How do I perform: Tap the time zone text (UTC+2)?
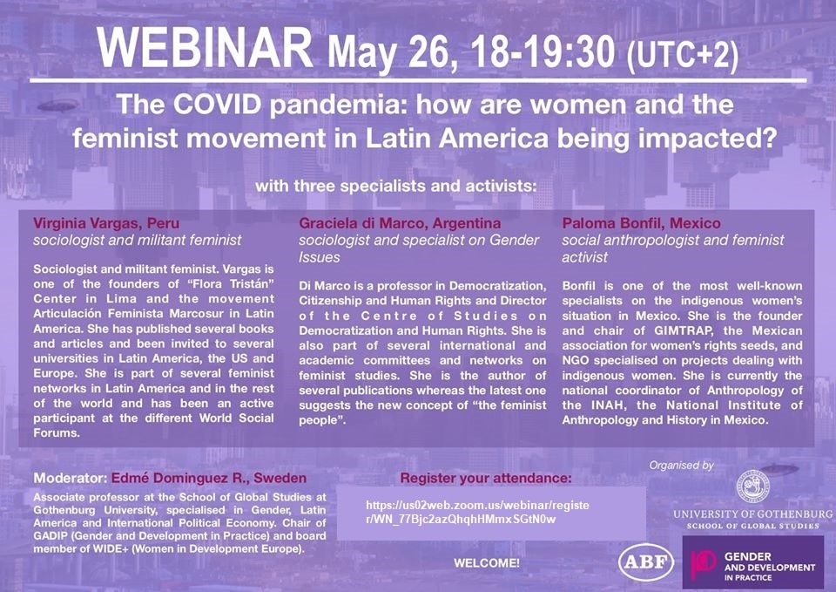[683, 54]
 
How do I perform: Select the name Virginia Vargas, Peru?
[106, 223]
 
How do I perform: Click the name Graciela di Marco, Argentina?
[400, 223]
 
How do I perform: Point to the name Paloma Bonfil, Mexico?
[641, 223]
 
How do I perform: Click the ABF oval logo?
[645, 561]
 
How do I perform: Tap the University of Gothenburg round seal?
[752, 487]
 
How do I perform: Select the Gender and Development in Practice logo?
[752, 562]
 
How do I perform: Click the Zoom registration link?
[477, 513]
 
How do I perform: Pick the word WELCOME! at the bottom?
[487, 562]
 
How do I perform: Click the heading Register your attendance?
[485, 478]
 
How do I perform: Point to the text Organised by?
[681, 466]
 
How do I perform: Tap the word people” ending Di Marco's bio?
[322, 420]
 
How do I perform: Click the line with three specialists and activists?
[395, 187]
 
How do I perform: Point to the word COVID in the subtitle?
[217, 104]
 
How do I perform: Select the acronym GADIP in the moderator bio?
[51, 536]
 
